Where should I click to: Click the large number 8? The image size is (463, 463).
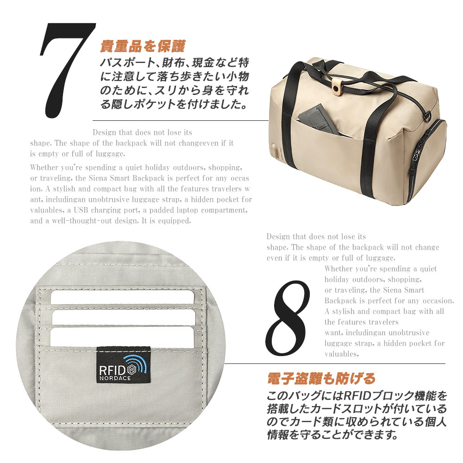pos(288,318)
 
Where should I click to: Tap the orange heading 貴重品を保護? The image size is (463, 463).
pos(143,46)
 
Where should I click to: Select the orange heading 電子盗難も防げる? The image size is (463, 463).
pos(321,378)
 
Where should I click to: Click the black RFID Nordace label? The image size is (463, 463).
pos(124,365)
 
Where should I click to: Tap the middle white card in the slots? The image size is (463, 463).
pos(124,317)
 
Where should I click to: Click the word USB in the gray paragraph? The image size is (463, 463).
pos(81,210)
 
